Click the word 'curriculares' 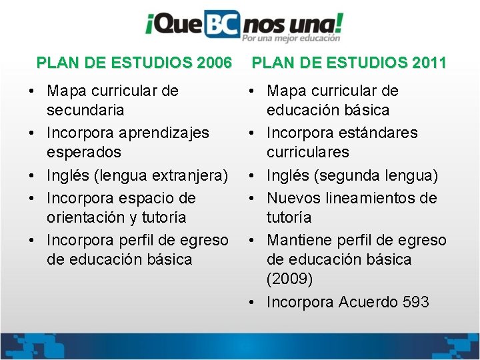pos(308,152)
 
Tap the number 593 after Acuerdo pos(416,302)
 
